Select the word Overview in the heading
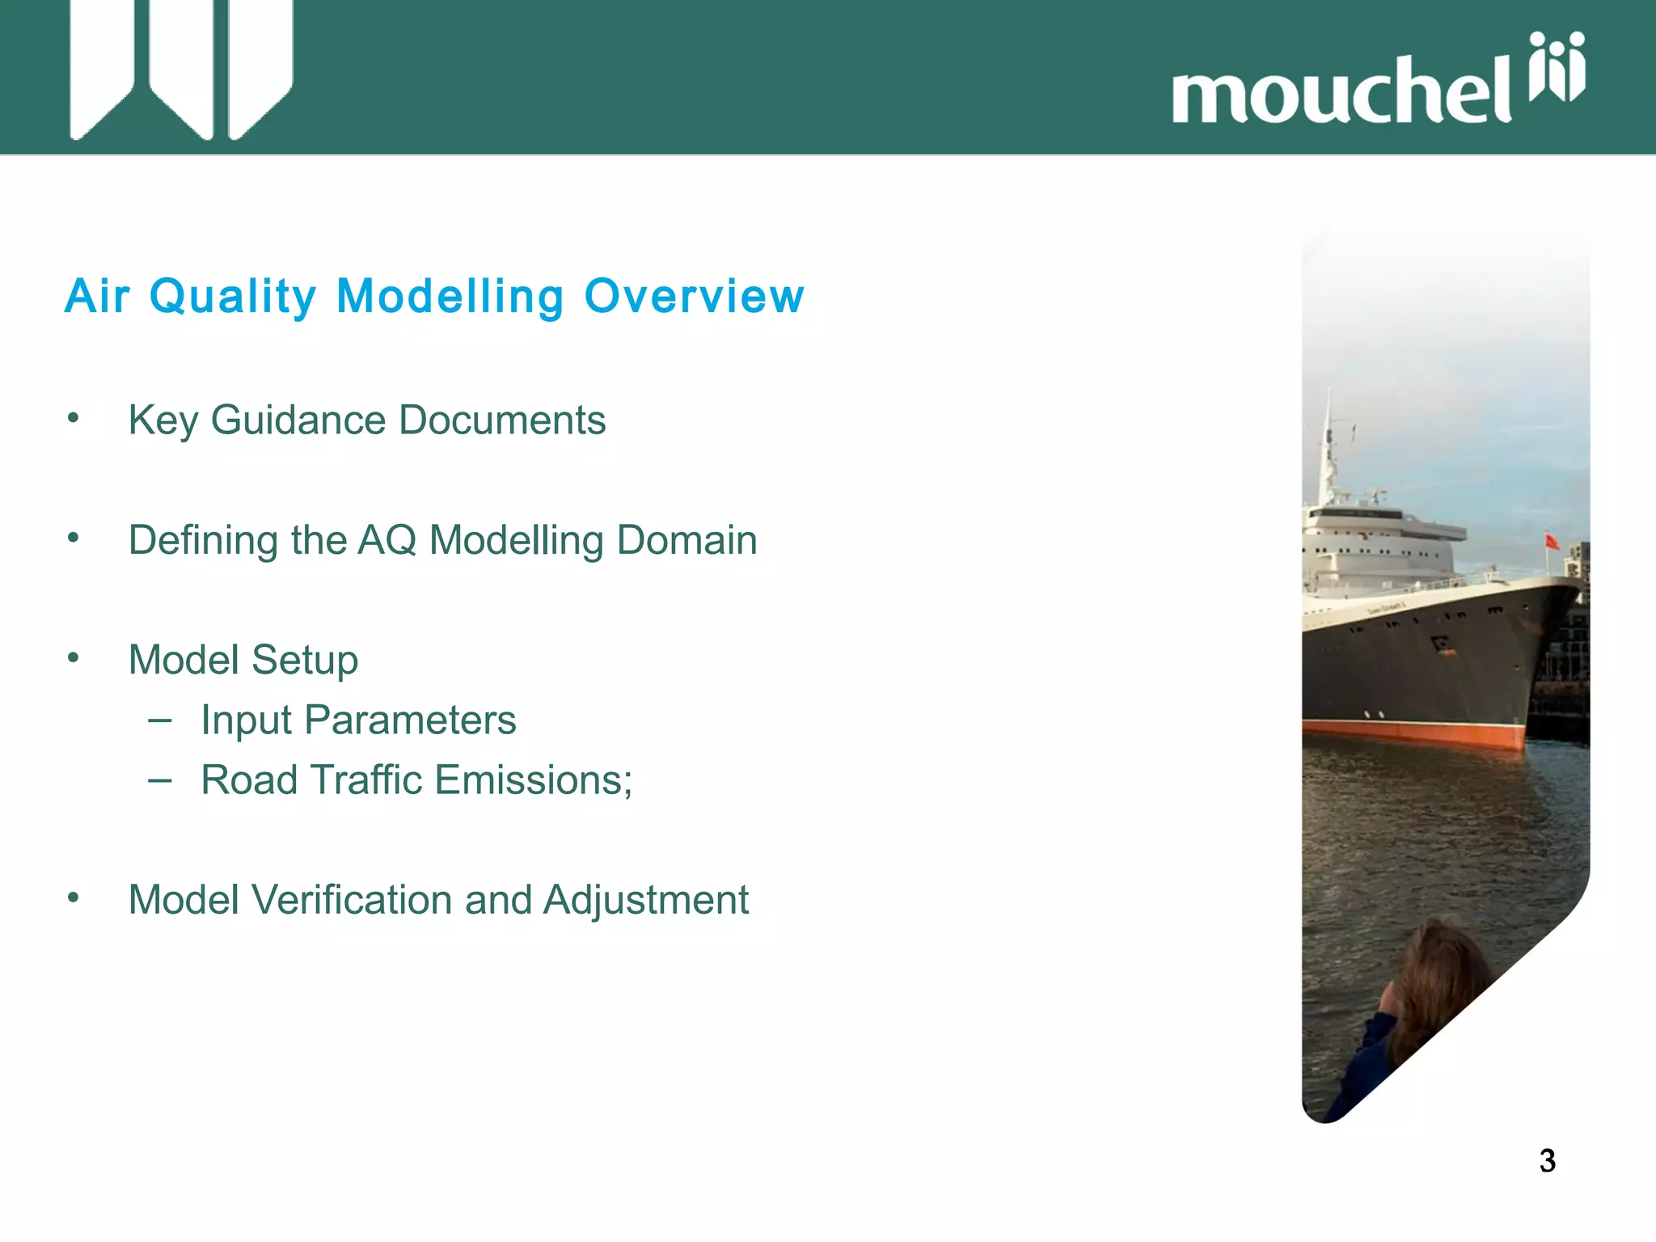(x=694, y=296)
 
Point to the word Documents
(x=502, y=420)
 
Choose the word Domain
(x=686, y=540)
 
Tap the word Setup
(x=304, y=661)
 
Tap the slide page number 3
(x=1547, y=1161)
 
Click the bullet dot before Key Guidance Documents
(x=74, y=418)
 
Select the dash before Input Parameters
(x=160, y=720)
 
